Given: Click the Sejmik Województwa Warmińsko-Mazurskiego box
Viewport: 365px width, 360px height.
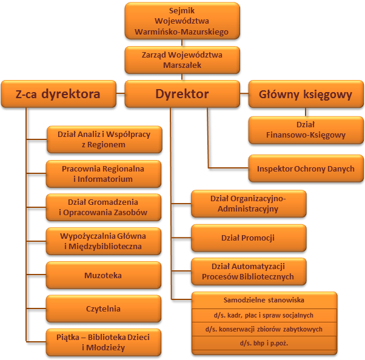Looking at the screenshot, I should pos(182,21).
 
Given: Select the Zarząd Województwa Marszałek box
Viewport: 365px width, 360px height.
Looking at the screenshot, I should pos(182,59).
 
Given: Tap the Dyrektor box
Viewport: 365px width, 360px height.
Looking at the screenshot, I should pos(182,94).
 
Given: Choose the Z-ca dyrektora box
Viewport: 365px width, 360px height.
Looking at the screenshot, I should pos(58,94).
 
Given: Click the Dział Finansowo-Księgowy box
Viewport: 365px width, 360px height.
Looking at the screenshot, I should pos(306,131).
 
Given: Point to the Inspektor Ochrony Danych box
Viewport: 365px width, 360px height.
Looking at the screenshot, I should pos(306,168).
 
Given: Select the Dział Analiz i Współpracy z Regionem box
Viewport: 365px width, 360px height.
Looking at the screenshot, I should pos(104,140).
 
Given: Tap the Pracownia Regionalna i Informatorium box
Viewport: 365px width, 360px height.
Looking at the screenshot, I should pos(104,174).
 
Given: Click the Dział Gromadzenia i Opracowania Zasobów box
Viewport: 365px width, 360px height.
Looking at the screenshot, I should pos(104,208).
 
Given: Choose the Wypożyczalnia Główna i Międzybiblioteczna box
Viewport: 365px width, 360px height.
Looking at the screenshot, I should pos(104,241).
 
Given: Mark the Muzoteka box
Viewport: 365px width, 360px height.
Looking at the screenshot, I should pos(104,275).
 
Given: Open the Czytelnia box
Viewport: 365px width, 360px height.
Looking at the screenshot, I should pos(104,308).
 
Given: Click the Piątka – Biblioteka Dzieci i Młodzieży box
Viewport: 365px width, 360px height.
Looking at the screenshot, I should pos(104,342).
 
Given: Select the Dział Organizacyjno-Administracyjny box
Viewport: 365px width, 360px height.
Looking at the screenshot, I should pos(248,204).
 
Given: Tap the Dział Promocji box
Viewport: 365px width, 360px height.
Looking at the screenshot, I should pos(248,238).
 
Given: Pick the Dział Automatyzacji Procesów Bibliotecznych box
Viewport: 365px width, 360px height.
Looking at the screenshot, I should pos(248,272).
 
